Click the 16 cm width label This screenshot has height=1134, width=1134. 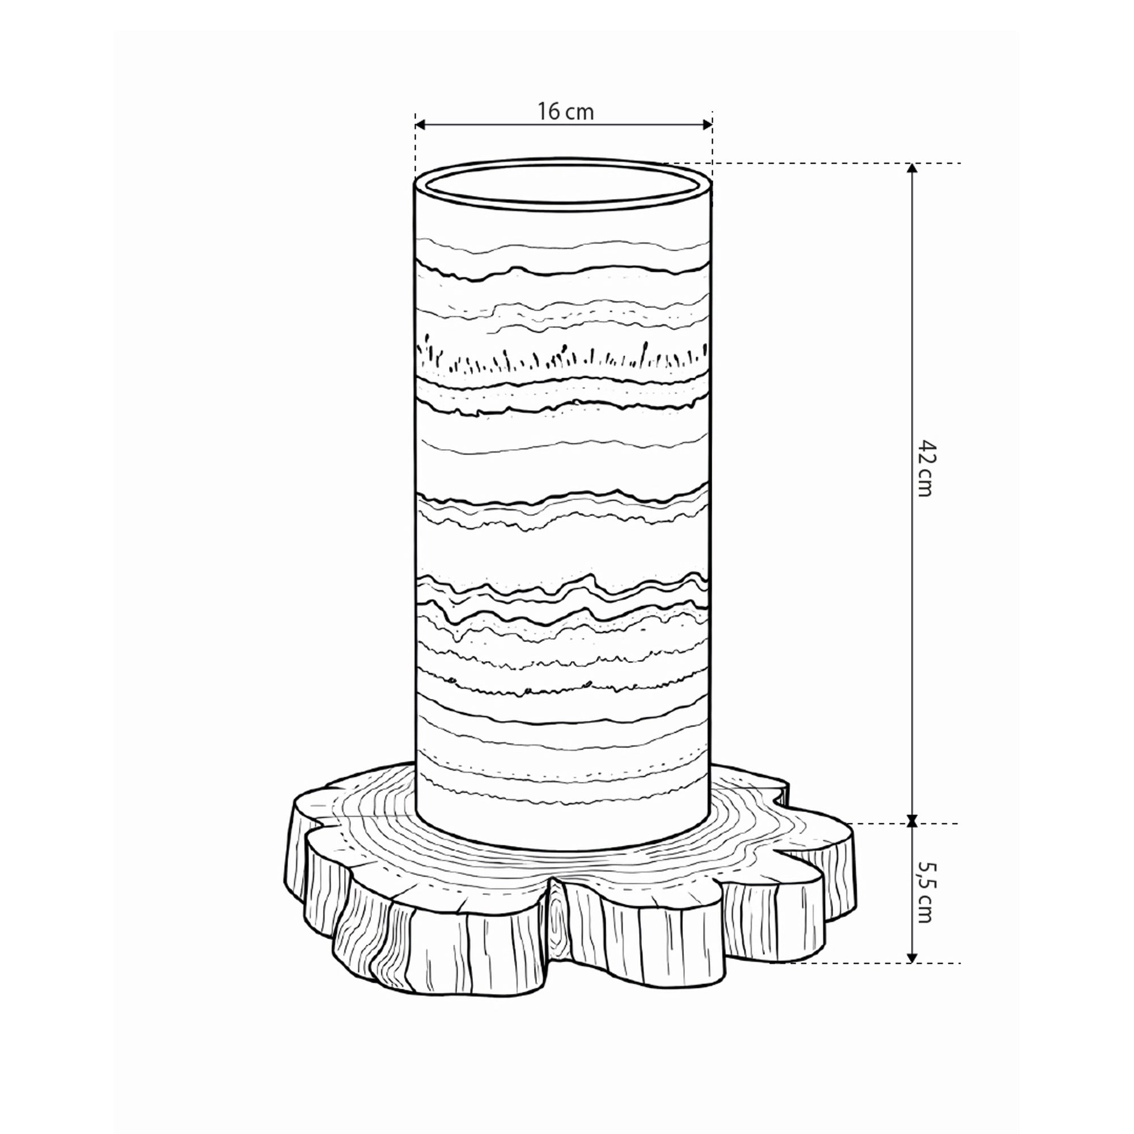[566, 111]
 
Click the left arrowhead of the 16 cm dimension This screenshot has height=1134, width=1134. [420, 124]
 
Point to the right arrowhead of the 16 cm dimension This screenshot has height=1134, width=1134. [706, 124]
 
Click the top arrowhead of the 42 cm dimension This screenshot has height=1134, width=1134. [912, 168]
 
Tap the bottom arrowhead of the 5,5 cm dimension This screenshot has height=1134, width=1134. [912, 957]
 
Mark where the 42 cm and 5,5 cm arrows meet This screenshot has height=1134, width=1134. [912, 823]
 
